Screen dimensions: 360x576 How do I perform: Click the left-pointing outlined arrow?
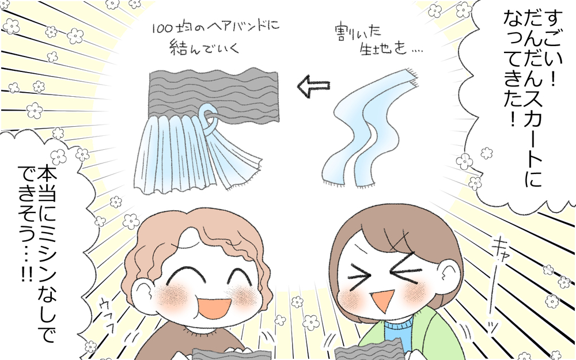click(313, 87)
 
